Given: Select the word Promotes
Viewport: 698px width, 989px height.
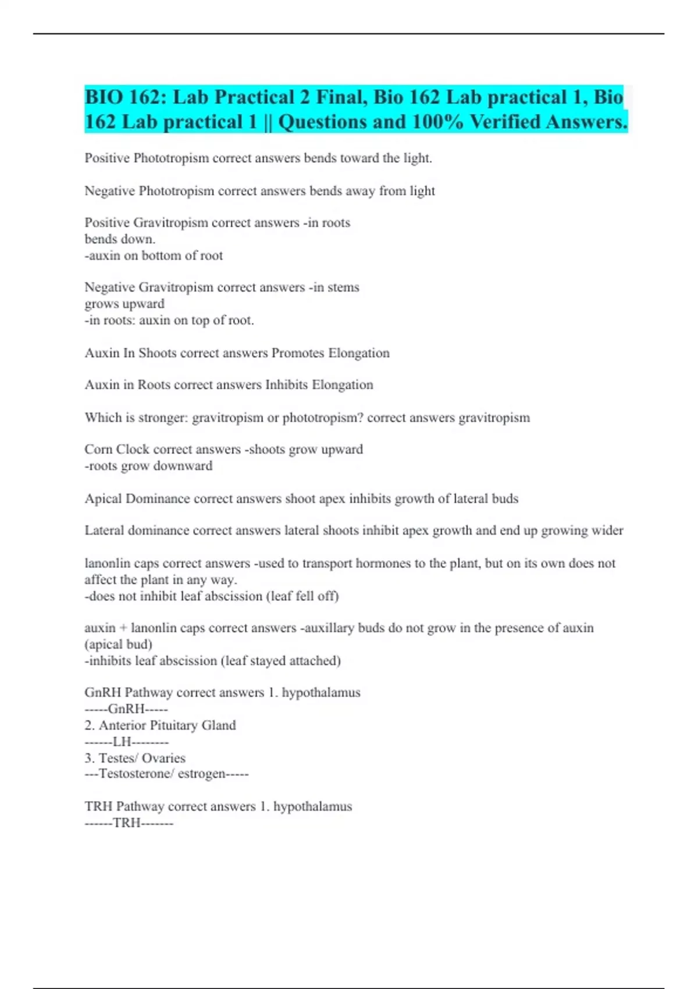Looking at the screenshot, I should coord(298,353).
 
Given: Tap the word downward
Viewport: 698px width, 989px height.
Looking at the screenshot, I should coord(187,466).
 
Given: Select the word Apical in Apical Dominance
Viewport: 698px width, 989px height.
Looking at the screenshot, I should coord(103,499).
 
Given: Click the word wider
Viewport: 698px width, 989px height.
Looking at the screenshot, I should coord(607,531).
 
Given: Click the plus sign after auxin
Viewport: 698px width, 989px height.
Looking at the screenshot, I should coord(123,628).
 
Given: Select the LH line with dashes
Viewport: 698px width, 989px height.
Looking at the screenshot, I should coord(126,742).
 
